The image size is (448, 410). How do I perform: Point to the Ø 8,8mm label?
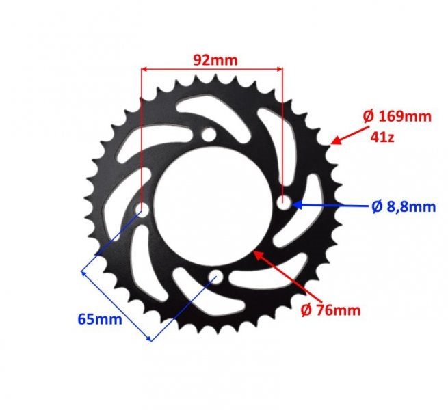404,206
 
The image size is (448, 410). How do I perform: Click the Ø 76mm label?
330,310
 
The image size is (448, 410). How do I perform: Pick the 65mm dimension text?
100,319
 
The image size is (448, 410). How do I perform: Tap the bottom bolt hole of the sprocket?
216,277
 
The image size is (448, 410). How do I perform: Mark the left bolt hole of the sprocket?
142,208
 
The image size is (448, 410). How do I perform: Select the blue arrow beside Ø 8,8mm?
328,204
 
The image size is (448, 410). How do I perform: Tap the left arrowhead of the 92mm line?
145,68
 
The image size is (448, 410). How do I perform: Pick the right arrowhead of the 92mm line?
278,68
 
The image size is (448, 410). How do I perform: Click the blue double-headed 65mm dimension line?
116,305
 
